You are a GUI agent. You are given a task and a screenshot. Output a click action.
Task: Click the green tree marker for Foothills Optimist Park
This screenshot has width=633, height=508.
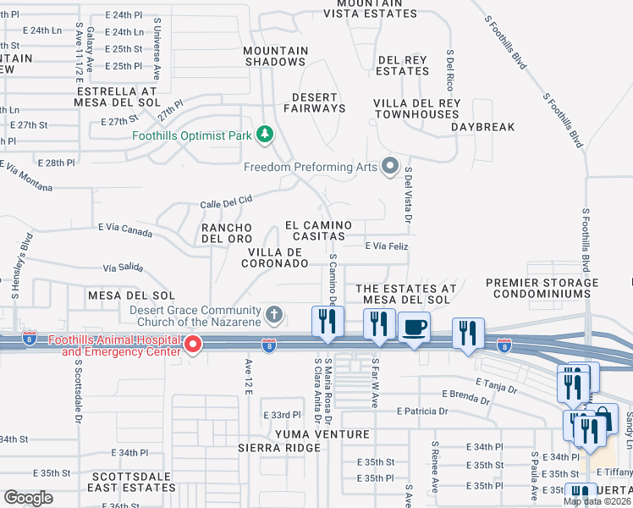click(x=265, y=134)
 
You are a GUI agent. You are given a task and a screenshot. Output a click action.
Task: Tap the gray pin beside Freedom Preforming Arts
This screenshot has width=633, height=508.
click(x=389, y=166)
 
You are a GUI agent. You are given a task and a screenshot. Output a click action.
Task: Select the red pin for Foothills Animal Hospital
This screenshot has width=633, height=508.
click(x=192, y=343)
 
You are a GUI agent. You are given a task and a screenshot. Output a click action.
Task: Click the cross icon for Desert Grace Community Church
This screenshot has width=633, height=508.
click(x=272, y=315)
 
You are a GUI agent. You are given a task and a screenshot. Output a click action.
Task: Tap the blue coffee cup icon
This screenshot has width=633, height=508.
click(x=414, y=327)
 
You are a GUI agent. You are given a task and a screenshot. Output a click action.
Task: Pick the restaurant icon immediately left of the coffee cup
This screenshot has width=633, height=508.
click(x=378, y=323)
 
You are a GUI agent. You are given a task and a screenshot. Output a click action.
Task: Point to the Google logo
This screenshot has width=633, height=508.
click(x=29, y=497)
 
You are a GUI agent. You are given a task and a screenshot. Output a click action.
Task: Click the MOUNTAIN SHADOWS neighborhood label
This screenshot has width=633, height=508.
click(x=275, y=56)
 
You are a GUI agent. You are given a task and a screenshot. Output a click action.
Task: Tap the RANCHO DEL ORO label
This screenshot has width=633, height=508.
click(x=226, y=233)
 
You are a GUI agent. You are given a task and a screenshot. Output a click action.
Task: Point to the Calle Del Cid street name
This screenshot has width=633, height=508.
click(x=226, y=201)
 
